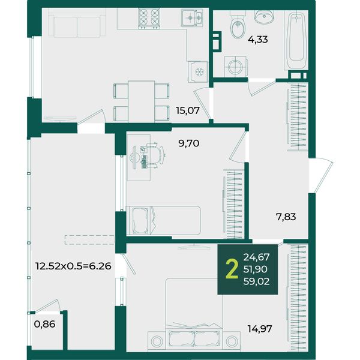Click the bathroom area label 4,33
[258, 40]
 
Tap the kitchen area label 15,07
[188, 110]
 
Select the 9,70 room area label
[189, 143]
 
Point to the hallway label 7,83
[286, 217]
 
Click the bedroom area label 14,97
[260, 329]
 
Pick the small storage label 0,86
[44, 324]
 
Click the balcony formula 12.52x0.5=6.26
[73, 266]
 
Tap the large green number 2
[232, 269]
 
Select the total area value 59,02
[256, 281]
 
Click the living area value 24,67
[256, 257]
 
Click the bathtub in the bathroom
[296, 40]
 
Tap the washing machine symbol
[236, 67]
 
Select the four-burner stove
[149, 19]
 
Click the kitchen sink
[192, 17]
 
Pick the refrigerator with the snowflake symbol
[198, 72]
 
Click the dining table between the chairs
[142, 101]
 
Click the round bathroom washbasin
[264, 16]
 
